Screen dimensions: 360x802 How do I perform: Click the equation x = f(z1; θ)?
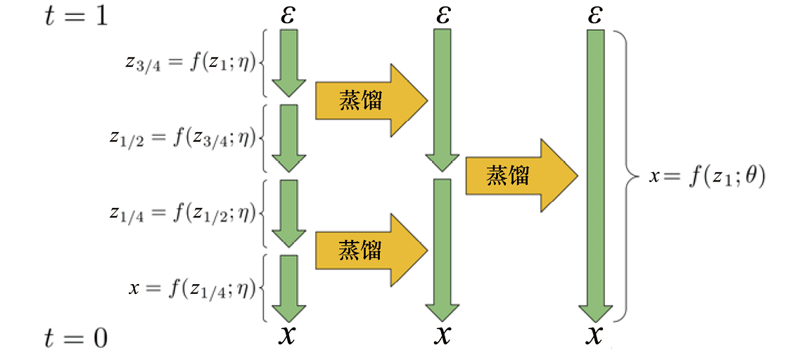tap(707, 176)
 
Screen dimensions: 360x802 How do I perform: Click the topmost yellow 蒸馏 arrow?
tap(371, 101)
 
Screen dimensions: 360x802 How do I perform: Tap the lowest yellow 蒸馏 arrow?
tap(371, 250)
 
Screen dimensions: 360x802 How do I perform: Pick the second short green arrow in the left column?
tap(288, 139)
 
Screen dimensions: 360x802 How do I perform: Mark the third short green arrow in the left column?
tap(288, 213)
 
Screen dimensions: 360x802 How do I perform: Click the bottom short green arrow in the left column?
tap(288, 288)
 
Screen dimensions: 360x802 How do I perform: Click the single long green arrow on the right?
tap(594, 176)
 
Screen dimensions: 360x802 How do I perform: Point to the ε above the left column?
tap(288, 15)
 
